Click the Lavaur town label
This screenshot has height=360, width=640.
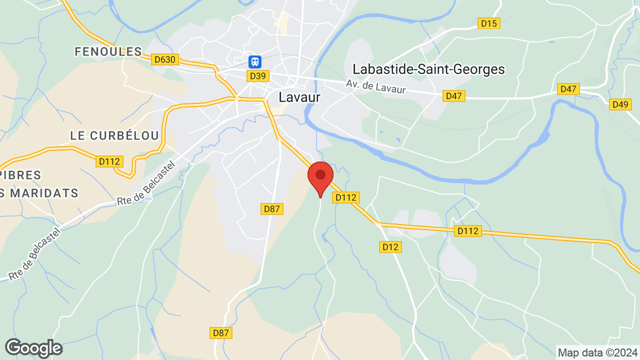click(x=299, y=97)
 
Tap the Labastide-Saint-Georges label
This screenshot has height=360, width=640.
click(x=428, y=69)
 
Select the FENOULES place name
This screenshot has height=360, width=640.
click(x=108, y=51)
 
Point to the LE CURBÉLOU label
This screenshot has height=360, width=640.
click(x=114, y=135)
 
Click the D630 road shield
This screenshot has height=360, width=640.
click(x=165, y=59)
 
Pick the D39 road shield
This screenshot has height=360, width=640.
click(x=258, y=76)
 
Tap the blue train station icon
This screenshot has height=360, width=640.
click(x=255, y=62)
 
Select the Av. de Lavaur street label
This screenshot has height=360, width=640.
click(x=375, y=87)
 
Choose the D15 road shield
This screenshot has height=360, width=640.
click(x=489, y=23)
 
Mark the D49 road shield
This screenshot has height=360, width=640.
click(x=620, y=104)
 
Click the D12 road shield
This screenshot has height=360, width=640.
click(x=391, y=246)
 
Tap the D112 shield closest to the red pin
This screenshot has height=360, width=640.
click(x=346, y=197)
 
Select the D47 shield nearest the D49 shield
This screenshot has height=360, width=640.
click(x=568, y=89)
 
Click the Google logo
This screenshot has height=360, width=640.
click(x=33, y=348)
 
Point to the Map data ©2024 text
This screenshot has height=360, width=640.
click(x=597, y=352)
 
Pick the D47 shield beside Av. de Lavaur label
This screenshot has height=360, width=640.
click(x=454, y=96)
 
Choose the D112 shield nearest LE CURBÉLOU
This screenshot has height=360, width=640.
click(x=109, y=161)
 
